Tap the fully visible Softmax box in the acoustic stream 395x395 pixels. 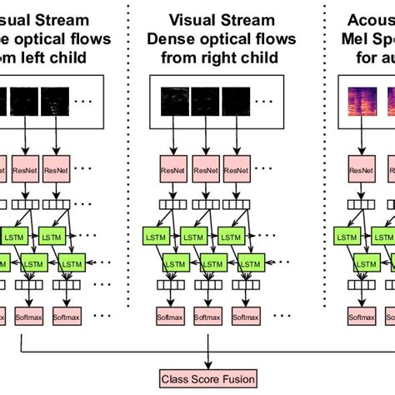[360, 318]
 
